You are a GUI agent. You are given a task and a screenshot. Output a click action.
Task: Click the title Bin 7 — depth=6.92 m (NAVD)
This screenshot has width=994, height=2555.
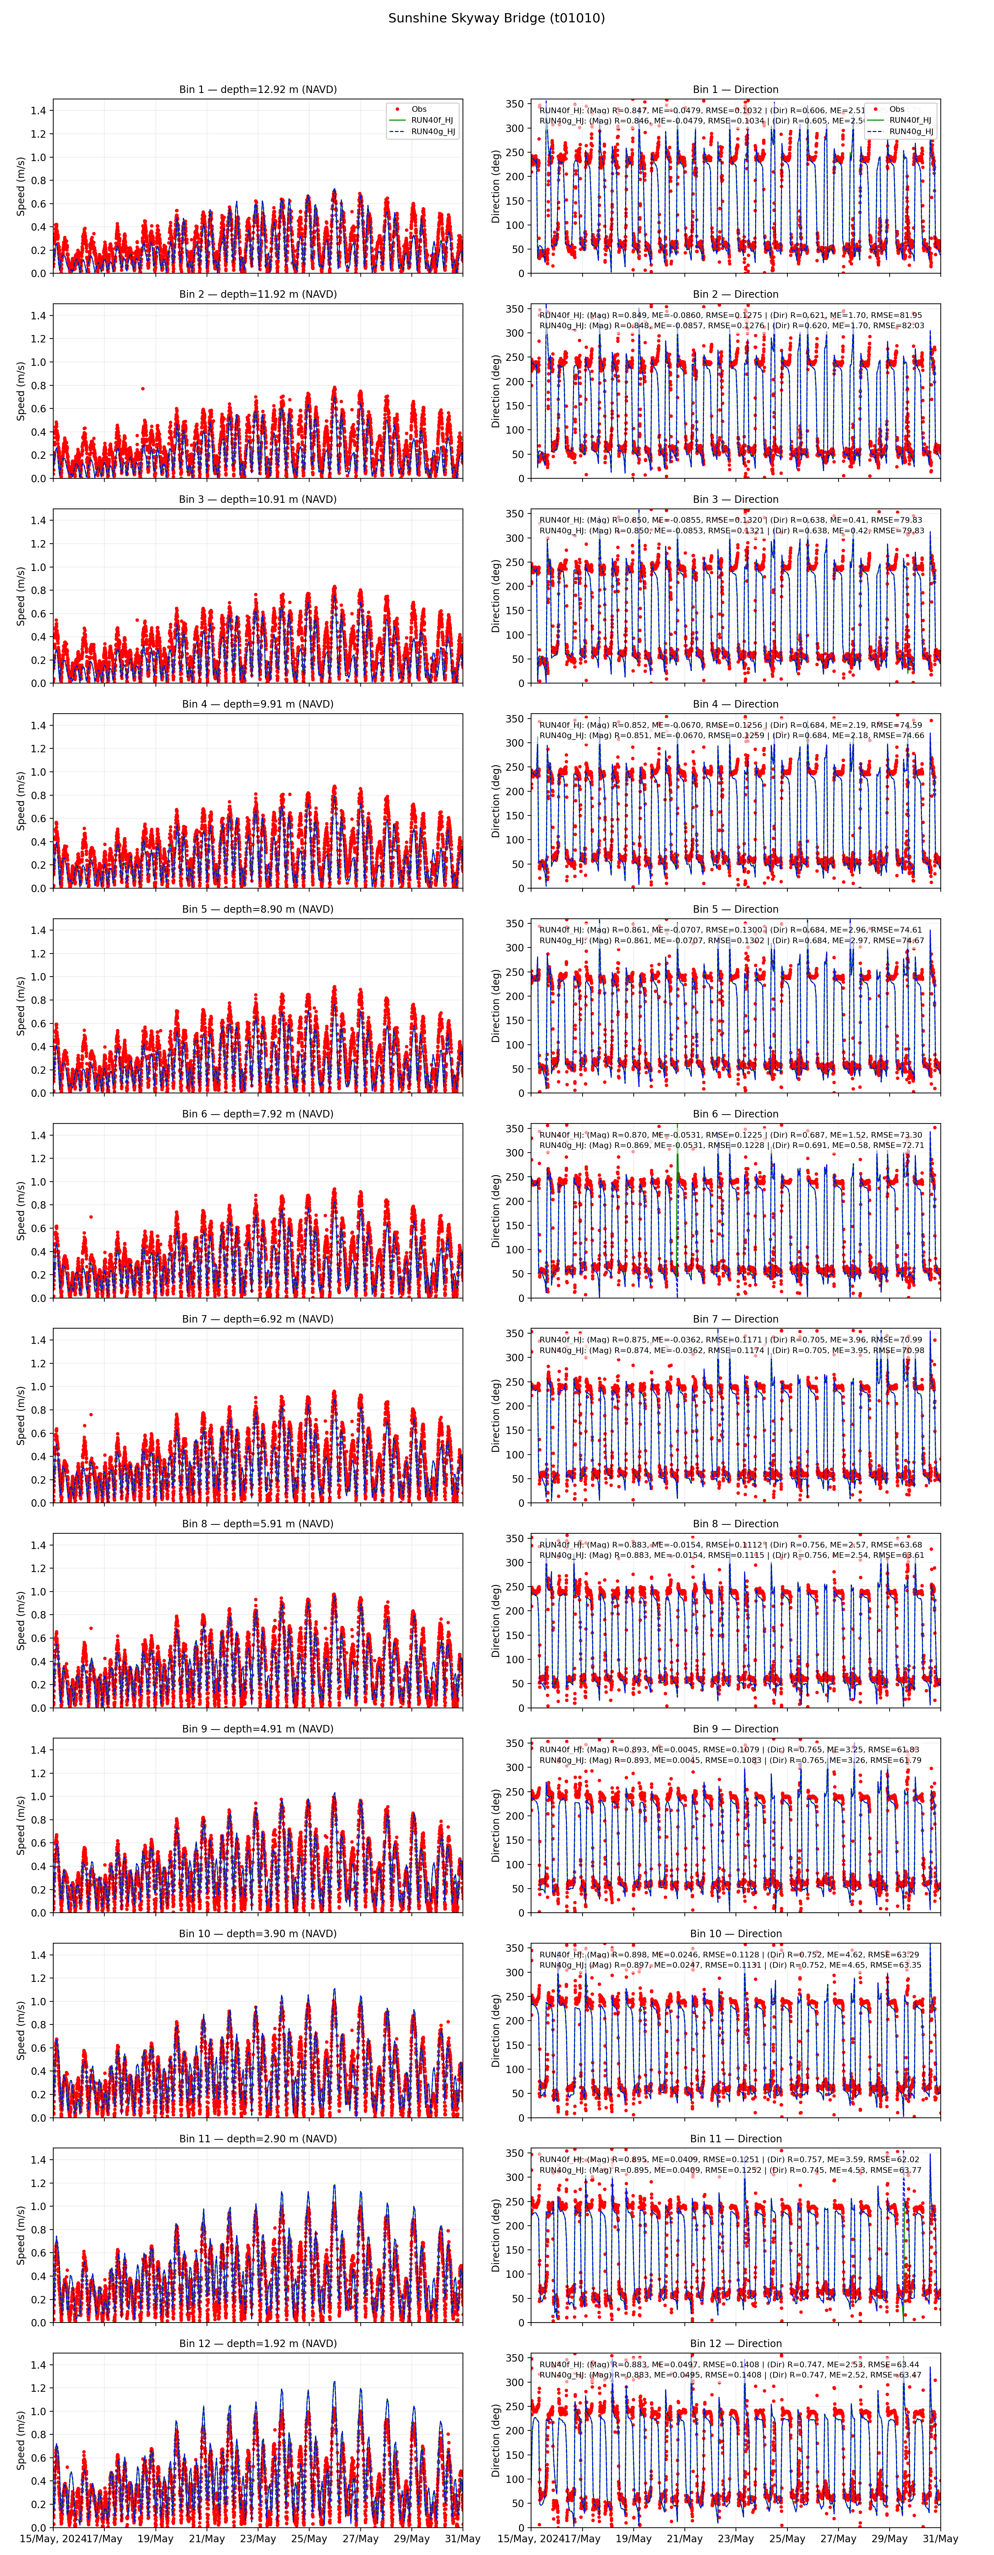(x=258, y=1319)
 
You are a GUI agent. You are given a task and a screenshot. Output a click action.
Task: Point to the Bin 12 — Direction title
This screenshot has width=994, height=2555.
(x=735, y=2344)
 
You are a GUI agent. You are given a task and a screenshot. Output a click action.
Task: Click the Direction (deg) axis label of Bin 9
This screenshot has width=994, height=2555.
(x=496, y=1825)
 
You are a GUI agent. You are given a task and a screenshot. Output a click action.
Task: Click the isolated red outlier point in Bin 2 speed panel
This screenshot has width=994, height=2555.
(x=143, y=389)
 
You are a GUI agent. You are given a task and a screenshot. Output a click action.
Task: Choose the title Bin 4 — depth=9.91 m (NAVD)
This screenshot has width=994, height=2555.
(x=258, y=704)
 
